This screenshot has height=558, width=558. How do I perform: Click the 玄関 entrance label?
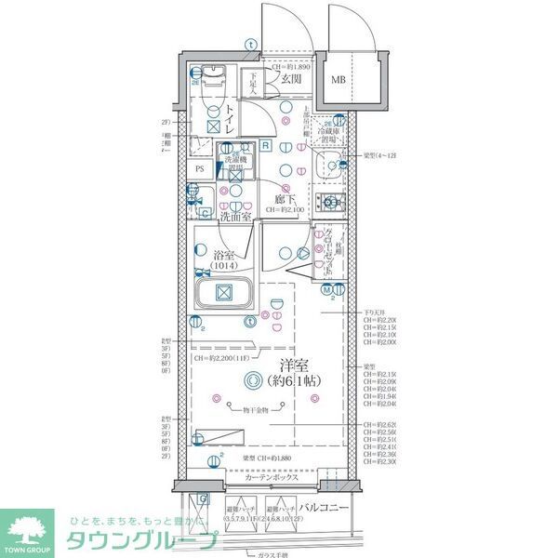(290, 80)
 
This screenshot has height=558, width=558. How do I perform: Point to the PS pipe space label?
(200, 169)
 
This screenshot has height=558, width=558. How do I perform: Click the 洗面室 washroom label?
(235, 217)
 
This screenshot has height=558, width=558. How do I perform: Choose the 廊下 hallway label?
(286, 199)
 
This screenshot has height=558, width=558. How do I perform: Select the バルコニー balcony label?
(325, 508)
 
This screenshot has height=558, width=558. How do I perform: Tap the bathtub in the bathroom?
(223, 294)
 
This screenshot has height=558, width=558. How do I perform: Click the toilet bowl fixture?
(212, 78)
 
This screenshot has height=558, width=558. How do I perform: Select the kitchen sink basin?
(327, 167)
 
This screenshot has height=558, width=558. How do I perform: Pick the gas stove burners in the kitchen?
(330, 202)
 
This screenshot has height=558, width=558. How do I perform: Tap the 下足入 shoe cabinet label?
(251, 83)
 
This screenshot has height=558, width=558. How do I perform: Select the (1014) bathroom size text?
(224, 266)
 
